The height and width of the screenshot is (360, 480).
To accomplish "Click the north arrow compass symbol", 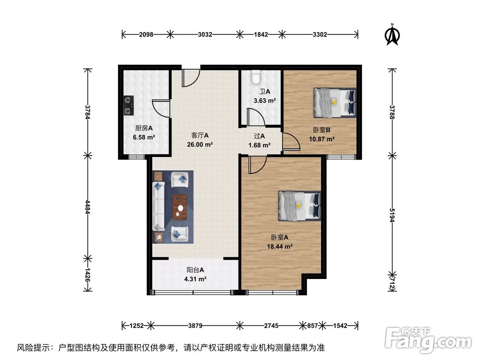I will [393, 35].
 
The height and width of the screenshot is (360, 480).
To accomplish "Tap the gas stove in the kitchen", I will [128, 106].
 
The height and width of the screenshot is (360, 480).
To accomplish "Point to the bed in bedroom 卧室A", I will [300, 205].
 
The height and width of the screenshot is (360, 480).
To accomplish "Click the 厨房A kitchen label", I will [144, 129].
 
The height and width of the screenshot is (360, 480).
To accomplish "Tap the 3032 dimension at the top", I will [205, 34].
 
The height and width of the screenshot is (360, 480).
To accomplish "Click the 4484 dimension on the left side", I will [87, 206].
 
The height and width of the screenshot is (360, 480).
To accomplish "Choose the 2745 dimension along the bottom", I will [272, 325].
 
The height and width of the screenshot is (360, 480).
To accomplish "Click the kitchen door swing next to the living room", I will [161, 108].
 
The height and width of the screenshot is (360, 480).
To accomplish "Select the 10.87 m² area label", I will [321, 139].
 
